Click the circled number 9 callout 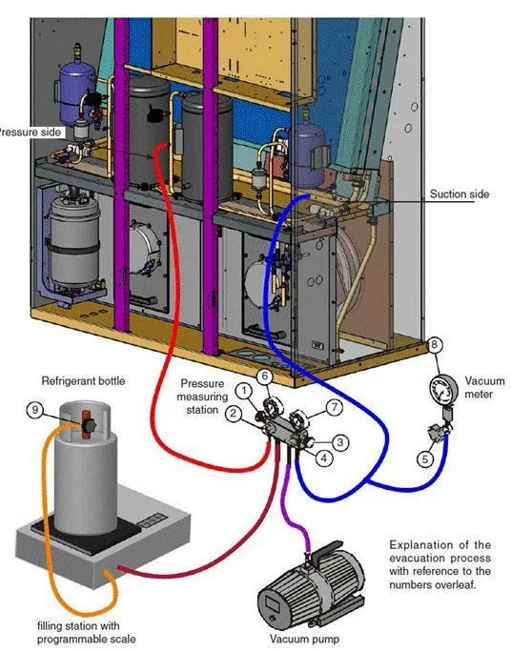coord(35,411)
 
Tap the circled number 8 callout coord(435,344)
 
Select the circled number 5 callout coord(425,458)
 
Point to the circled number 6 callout coord(264,377)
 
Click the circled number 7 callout coord(335,408)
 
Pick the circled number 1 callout coord(244,390)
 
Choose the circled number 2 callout coord(234,413)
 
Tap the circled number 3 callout coord(340,442)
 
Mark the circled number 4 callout coord(324,458)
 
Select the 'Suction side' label coord(460,194)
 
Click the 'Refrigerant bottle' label coord(83,381)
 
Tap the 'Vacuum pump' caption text coord(304,639)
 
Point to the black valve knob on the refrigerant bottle coord(88,425)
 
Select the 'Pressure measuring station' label coord(202,397)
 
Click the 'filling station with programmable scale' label coord(86,632)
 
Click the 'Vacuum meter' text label coord(484,387)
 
